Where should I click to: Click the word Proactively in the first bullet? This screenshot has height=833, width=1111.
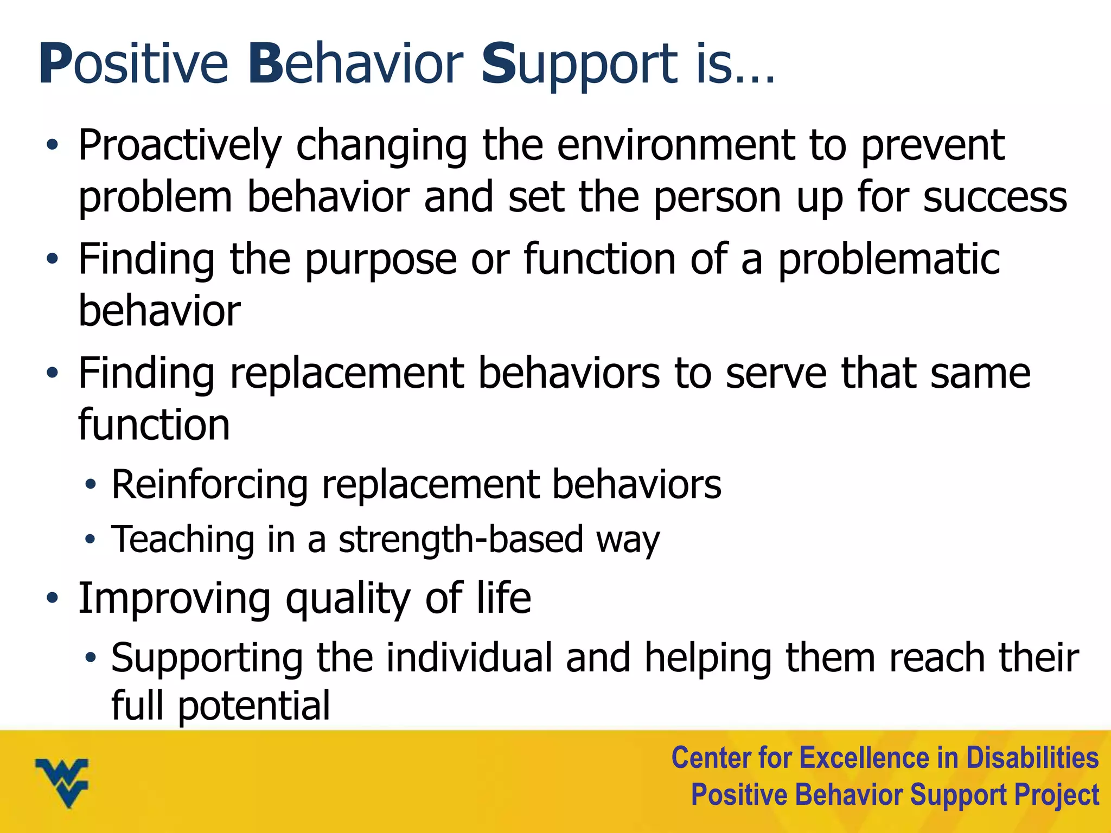180,145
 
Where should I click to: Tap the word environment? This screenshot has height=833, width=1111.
676,145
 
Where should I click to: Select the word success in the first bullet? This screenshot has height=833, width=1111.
995,197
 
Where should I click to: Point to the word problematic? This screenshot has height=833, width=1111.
889,259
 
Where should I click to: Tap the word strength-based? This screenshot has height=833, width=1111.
461,540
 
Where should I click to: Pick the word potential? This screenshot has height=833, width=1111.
254,706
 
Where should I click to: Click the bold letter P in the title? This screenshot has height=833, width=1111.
55,65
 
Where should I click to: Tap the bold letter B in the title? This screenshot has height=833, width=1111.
266,65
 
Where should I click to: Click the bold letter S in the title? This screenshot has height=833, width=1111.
498,65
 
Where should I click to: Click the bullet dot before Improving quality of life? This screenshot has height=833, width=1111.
52,598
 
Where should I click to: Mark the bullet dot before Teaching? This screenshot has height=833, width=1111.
90,540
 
